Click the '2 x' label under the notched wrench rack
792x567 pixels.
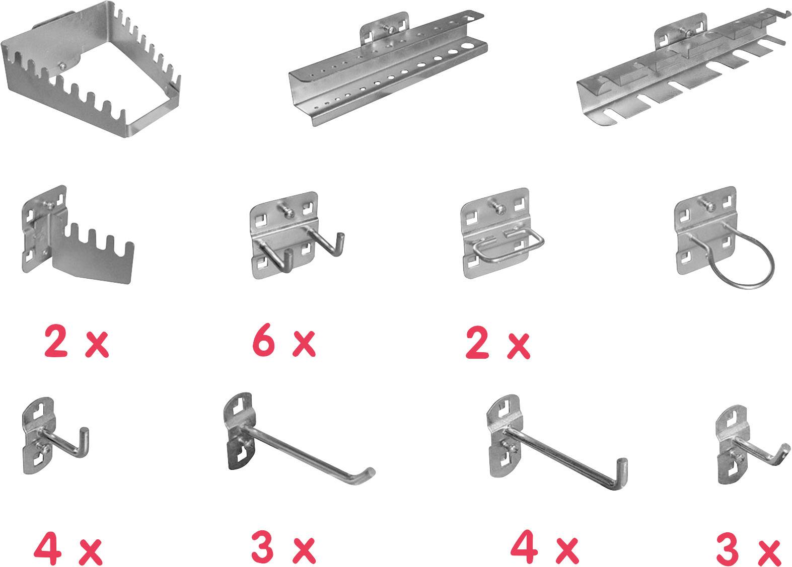coord(76,343)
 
